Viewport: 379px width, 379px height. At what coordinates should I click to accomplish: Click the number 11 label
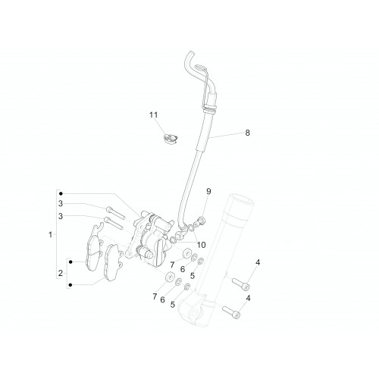(153, 115)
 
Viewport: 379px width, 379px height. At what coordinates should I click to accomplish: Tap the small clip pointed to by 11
(171, 139)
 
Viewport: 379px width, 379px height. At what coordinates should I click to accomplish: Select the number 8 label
(247, 133)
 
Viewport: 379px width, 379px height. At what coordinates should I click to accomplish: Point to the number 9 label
(208, 191)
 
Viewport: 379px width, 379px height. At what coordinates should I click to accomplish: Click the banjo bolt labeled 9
(201, 221)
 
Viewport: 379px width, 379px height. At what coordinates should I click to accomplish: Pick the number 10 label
(202, 245)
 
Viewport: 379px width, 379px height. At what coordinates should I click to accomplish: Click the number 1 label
(50, 234)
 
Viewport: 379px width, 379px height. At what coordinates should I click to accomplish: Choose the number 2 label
(61, 273)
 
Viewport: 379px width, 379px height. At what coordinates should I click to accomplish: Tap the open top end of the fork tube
(241, 199)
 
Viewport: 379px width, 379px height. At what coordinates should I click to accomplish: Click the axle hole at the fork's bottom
(194, 314)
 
